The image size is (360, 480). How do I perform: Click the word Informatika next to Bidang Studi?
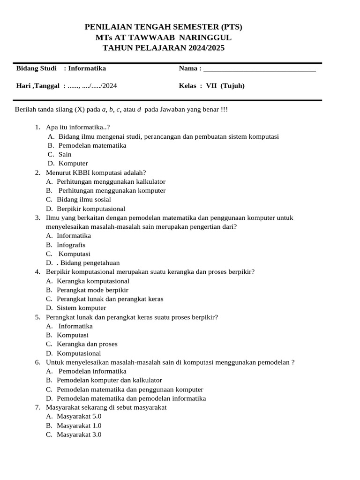pos(87,68)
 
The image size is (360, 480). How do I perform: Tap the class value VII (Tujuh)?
pos(225,86)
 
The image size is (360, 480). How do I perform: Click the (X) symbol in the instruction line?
pos(80,110)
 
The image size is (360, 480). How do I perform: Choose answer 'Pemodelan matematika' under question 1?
pos(92,146)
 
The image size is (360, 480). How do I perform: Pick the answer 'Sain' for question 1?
pos(65,155)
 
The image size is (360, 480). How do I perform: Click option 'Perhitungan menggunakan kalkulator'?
pos(111,181)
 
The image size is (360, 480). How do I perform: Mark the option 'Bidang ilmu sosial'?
pos(84,200)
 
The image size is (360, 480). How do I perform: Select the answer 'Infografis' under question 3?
pos(71,245)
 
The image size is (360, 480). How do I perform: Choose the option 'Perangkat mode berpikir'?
pos(92,290)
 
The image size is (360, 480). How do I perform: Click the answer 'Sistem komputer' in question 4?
pos(82,308)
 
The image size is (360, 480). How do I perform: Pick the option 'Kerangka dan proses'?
pos(87,344)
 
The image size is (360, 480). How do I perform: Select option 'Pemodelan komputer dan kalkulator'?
pos(109,380)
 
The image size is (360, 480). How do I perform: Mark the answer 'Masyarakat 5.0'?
pos(79,416)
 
